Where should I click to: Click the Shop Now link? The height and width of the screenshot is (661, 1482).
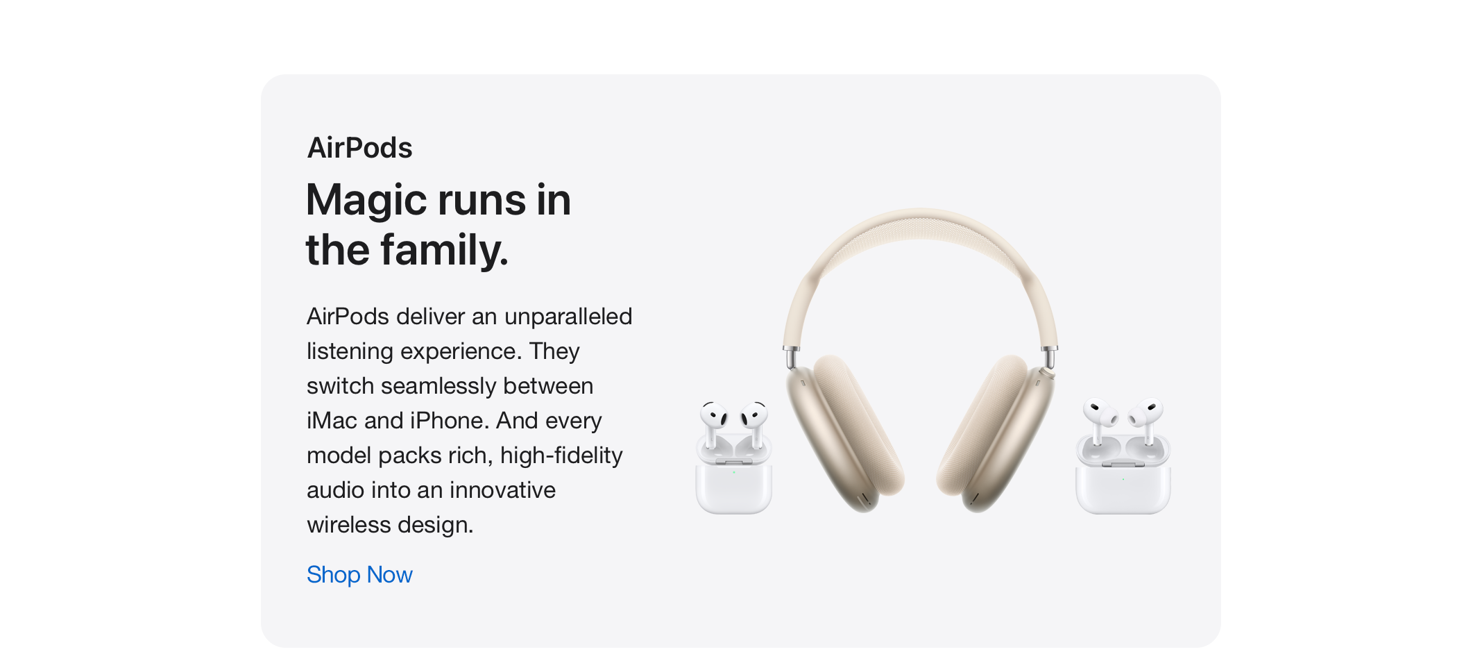pos(359,575)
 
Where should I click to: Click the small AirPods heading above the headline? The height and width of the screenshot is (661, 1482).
pos(359,148)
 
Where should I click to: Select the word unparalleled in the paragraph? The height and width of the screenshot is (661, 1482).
pos(568,317)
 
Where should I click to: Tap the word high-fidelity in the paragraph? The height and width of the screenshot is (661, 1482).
pos(561,456)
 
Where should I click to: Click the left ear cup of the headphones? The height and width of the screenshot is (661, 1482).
pos(845,434)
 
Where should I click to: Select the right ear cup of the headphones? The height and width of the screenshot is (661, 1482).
pos(996,434)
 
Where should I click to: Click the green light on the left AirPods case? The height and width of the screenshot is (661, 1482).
pos(734,472)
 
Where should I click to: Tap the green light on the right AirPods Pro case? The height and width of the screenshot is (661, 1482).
pos(1123,479)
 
